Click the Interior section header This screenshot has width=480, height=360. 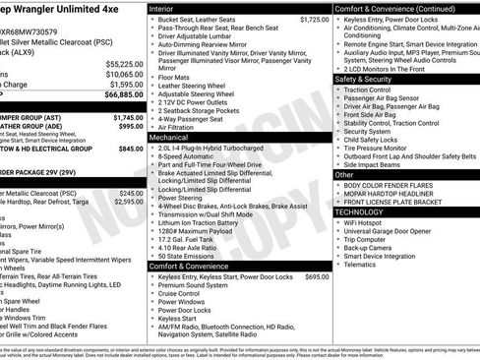click(x=162, y=8)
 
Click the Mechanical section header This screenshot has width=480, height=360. click(x=169, y=138)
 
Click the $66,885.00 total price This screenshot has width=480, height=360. click(x=124, y=95)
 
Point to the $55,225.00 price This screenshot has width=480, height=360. click(x=124, y=63)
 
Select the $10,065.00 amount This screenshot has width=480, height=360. click(x=124, y=74)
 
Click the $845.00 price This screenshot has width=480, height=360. click(x=131, y=149)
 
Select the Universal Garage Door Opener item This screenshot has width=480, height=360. click(x=394, y=231)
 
